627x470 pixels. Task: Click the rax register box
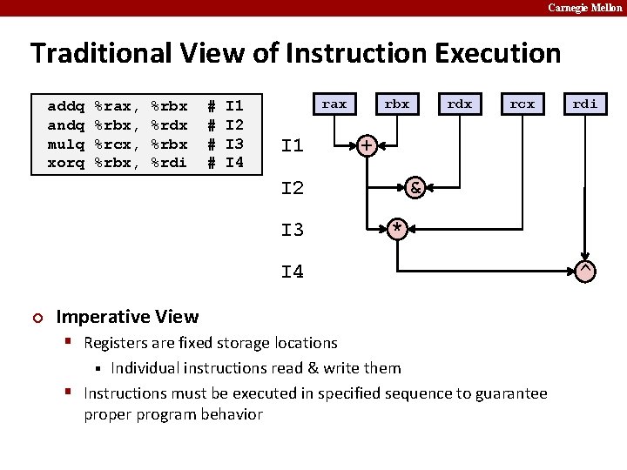tap(334, 104)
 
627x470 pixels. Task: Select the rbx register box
tap(397, 104)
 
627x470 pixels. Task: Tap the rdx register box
tap(460, 104)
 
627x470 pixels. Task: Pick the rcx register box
tap(522, 104)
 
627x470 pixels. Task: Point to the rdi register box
tap(585, 104)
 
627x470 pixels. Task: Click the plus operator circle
tap(367, 144)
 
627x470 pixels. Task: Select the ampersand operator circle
tap(416, 187)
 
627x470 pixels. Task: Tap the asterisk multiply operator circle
tap(397, 229)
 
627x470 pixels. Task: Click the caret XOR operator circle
tap(586, 271)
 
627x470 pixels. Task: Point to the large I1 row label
tap(293, 145)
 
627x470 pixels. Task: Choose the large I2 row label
tap(293, 188)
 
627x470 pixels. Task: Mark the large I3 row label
tap(293, 230)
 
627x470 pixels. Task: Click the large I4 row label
tap(293, 272)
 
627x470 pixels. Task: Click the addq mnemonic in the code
tap(65, 106)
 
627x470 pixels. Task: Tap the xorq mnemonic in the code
tap(65, 163)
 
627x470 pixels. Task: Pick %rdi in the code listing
tap(169, 163)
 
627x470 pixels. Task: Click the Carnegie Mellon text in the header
tap(584, 8)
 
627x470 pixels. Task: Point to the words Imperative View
tap(127, 317)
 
